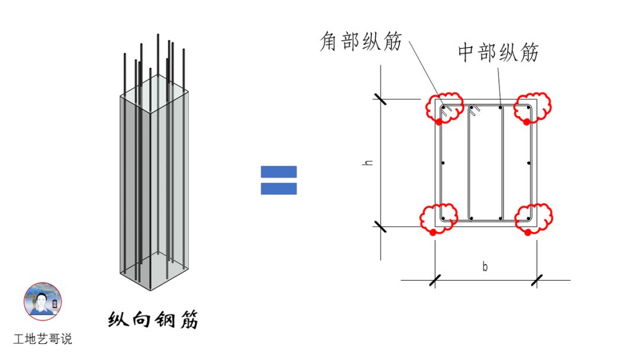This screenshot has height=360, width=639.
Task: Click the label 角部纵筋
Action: [360, 43]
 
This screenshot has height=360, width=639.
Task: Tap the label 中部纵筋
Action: [498, 53]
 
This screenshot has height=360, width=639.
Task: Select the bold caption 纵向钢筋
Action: [153, 320]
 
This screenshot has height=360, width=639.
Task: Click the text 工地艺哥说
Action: [43, 340]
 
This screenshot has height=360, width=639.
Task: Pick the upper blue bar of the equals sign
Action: [279, 172]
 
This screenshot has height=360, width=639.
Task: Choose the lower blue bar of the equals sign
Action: [279, 189]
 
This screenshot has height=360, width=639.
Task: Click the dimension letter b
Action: [485, 267]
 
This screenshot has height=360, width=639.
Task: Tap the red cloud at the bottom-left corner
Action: [439, 217]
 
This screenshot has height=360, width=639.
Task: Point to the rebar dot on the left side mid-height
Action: [443, 163]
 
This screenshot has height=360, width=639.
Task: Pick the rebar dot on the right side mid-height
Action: [528, 163]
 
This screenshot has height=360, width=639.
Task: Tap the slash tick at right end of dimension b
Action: [537, 280]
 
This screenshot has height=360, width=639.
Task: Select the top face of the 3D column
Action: [155, 99]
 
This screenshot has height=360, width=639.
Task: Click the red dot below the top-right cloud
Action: [526, 122]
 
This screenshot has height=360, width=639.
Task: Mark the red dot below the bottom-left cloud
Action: [433, 233]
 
